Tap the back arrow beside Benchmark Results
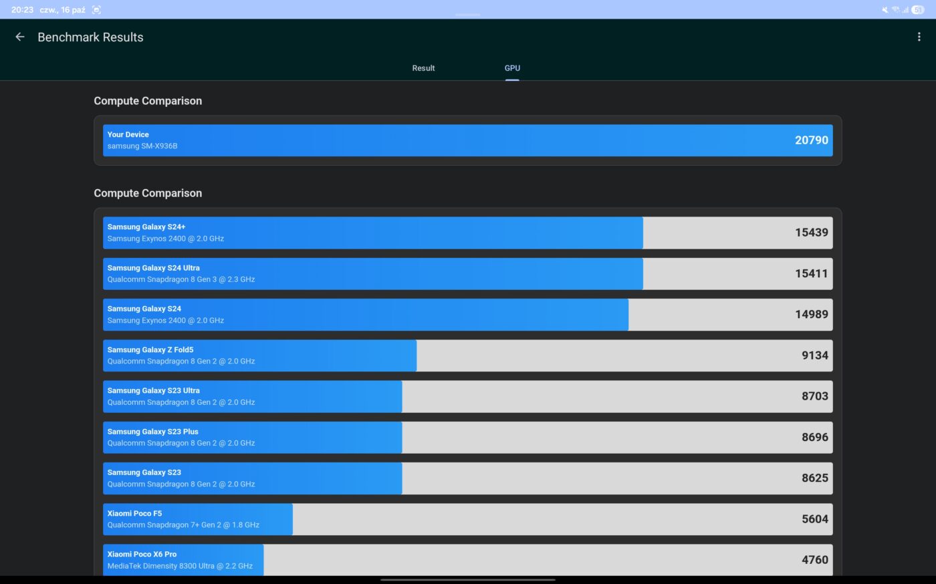pyautogui.click(x=20, y=37)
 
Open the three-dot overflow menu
pyautogui.click(x=919, y=37)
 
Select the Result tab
pyautogui.click(x=423, y=68)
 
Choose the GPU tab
pyautogui.click(x=512, y=68)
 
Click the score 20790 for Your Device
pyautogui.click(x=811, y=140)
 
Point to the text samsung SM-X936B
pyautogui.click(x=142, y=146)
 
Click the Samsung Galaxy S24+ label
pyautogui.click(x=146, y=227)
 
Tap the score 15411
pyautogui.click(x=811, y=273)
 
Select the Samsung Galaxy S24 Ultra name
pyautogui.click(x=154, y=268)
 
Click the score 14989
pyautogui.click(x=811, y=314)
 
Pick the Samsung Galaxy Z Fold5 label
pyautogui.click(x=150, y=350)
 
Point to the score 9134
pyautogui.click(x=814, y=355)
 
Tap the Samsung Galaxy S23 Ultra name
pyautogui.click(x=154, y=391)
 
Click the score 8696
pyautogui.click(x=814, y=437)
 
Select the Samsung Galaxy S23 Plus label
pyautogui.click(x=153, y=432)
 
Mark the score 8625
pyautogui.click(x=814, y=478)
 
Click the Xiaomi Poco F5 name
pyautogui.click(x=134, y=514)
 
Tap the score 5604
pyautogui.click(x=814, y=519)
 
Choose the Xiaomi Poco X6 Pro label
pyautogui.click(x=142, y=555)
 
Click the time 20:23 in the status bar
pyautogui.click(x=22, y=10)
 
